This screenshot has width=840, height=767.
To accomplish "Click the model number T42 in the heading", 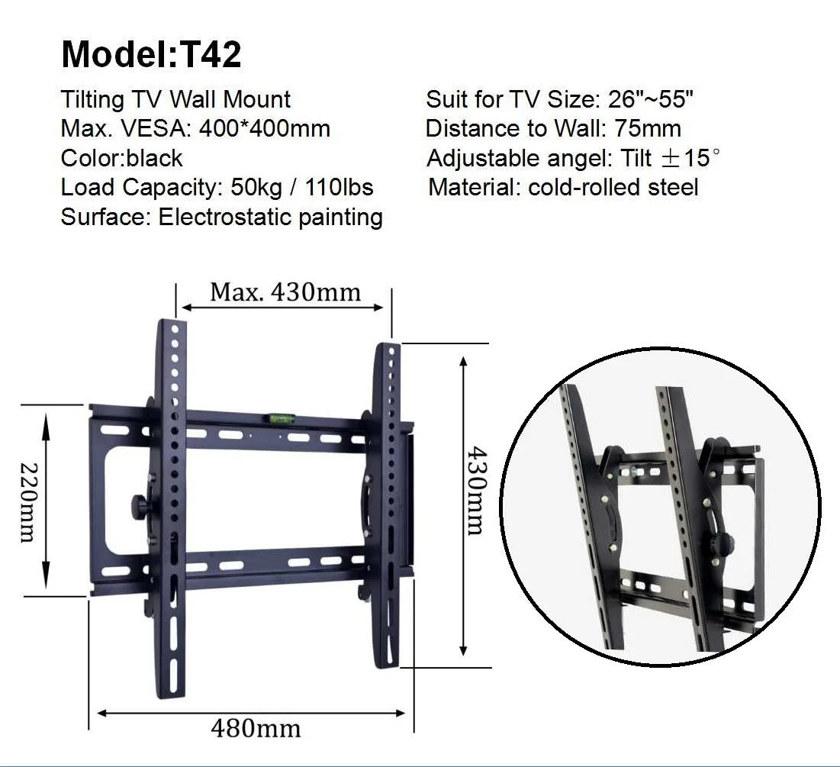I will [209, 54].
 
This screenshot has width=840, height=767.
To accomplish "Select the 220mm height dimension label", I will [27, 502].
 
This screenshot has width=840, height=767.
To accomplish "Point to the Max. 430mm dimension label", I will [285, 292].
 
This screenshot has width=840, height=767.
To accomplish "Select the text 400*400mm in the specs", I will [264, 128].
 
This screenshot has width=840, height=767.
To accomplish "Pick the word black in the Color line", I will [154, 158].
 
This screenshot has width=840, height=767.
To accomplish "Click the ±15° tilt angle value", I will [690, 158].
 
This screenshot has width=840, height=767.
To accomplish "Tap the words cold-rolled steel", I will [613, 187].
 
